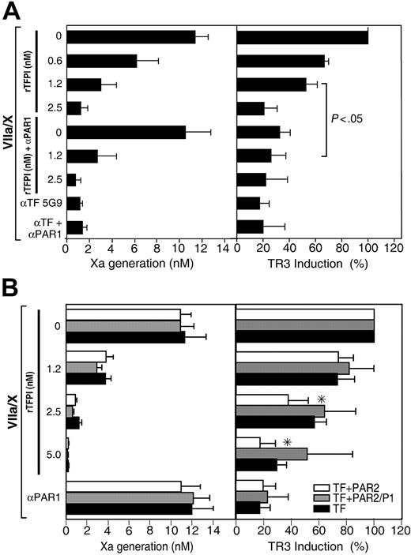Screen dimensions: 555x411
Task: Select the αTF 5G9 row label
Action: tap(36, 203)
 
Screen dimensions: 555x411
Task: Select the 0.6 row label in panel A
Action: tap(49, 61)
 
